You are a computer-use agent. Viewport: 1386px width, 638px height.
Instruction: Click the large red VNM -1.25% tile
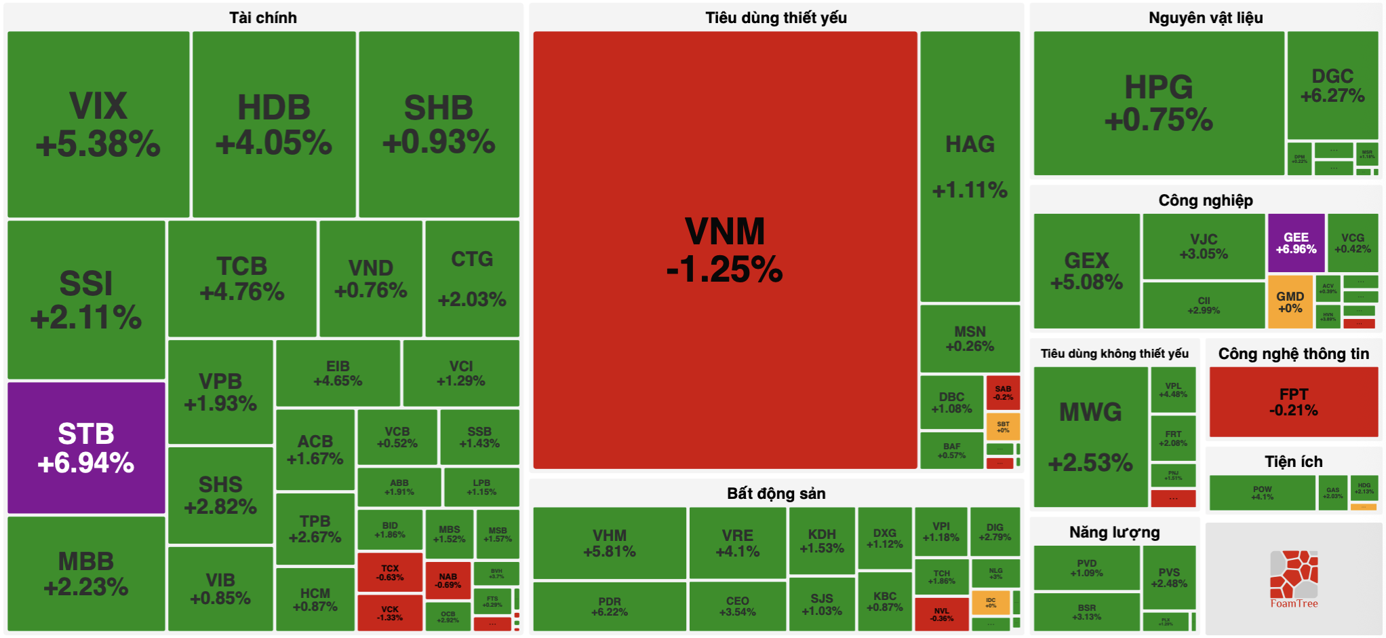(725, 250)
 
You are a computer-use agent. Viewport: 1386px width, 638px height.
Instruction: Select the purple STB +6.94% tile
(86, 448)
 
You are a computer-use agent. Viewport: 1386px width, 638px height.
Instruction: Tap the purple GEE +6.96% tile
(1296, 243)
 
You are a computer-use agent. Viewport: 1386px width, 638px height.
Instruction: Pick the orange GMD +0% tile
(1290, 302)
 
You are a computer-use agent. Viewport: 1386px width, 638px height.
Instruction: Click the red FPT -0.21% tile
(1293, 402)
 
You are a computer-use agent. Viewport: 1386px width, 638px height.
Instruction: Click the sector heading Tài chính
(262, 18)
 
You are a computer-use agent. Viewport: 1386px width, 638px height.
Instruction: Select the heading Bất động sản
(776, 493)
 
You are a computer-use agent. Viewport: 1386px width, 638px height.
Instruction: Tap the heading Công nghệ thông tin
(1293, 354)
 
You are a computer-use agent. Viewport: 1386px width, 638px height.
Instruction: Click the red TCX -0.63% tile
(390, 573)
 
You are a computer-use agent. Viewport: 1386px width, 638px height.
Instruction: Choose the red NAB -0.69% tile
(448, 580)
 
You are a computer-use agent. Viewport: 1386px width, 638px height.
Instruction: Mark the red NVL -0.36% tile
(941, 614)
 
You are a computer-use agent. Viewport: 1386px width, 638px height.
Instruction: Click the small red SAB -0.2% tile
(1003, 393)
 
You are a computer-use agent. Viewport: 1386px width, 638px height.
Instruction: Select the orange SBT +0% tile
(1003, 427)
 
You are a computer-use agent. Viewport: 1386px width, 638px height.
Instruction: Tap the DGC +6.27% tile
(1332, 86)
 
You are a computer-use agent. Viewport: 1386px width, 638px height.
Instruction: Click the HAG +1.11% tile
(970, 166)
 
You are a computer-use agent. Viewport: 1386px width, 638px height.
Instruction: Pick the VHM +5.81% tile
(609, 543)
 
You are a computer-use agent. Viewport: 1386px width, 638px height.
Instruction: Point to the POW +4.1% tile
(1262, 493)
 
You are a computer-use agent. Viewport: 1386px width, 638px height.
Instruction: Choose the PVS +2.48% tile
(1168, 578)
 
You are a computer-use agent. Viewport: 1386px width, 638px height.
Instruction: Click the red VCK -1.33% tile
(390, 613)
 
